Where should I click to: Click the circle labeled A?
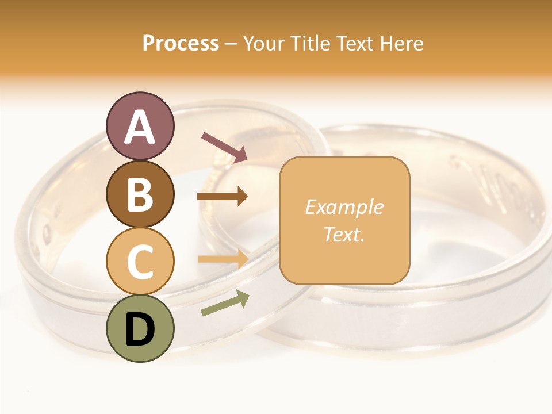coord(140,126)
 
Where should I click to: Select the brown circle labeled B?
coord(140,194)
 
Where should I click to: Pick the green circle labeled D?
coord(140,328)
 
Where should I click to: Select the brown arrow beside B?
coord(223,197)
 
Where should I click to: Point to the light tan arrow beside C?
coord(223,258)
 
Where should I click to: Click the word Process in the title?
coord(181,44)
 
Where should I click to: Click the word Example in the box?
coord(344,207)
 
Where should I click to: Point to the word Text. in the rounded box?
coord(344,234)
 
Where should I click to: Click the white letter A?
coord(140,127)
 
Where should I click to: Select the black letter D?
coord(140,329)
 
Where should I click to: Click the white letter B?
coord(140,194)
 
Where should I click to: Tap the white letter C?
coord(140,262)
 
